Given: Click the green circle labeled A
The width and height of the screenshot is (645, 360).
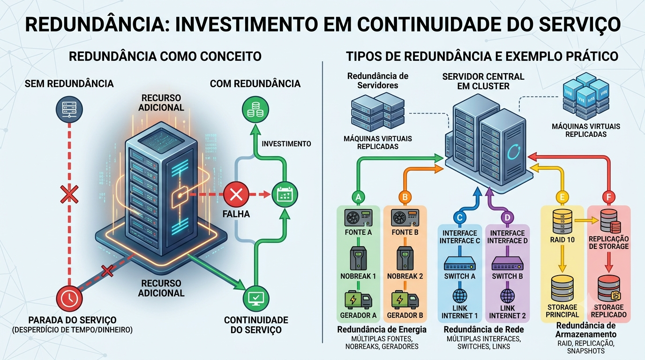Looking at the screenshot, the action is (x=358, y=197).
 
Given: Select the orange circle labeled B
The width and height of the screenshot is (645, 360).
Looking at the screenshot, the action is (x=405, y=197).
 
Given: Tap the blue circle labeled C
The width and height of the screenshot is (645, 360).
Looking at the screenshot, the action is (x=459, y=217).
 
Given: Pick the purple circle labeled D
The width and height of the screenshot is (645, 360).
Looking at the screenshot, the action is (x=507, y=217).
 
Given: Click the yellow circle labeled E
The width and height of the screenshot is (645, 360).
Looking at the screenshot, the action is (x=562, y=197).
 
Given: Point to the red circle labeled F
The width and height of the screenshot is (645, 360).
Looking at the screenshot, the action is (x=609, y=197).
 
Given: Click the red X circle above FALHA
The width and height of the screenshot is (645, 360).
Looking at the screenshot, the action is (x=236, y=195).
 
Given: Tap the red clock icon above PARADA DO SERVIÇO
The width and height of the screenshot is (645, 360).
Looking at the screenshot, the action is (x=69, y=298).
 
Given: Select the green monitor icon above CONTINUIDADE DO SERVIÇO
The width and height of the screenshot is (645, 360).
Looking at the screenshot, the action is (x=256, y=299).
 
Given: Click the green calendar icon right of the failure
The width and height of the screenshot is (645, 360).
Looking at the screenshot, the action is (x=285, y=195).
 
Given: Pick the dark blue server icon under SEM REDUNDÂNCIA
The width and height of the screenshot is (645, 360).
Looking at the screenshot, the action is (x=69, y=110).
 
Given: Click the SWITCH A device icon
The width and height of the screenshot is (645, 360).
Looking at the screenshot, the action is (x=459, y=263).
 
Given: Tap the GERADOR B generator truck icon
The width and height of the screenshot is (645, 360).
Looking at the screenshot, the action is (x=405, y=300).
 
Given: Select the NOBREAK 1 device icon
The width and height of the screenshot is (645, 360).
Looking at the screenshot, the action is (x=358, y=258).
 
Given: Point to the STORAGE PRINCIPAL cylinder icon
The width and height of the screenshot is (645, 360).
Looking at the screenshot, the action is (x=562, y=289).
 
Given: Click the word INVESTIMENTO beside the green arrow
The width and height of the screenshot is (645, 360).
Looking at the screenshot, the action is (x=286, y=144).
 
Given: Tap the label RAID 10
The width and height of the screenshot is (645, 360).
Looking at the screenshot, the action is (x=562, y=240).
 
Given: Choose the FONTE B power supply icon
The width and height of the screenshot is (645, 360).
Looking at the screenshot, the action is (x=405, y=217).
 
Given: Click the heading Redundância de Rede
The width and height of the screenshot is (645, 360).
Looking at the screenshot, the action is (x=484, y=330).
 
